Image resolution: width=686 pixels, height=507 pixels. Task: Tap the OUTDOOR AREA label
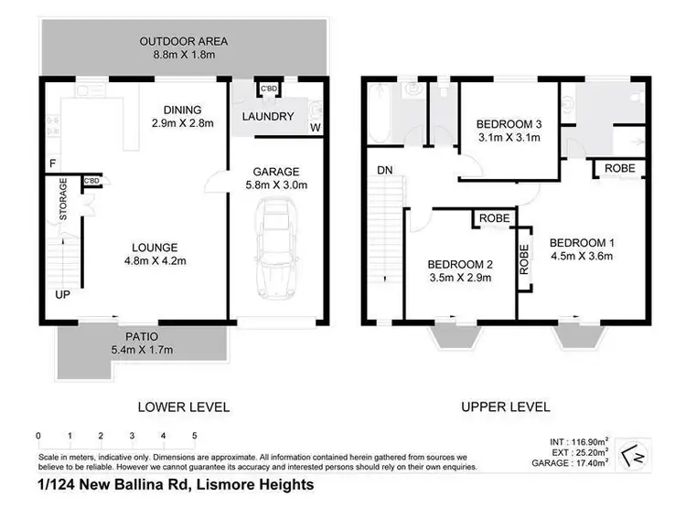(x=183, y=49)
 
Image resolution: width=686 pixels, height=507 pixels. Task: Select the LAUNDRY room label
(x=268, y=116)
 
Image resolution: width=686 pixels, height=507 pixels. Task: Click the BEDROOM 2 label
(x=461, y=271)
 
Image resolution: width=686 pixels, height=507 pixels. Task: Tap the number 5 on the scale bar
(x=194, y=436)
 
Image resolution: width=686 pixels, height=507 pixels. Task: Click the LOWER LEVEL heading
(x=183, y=407)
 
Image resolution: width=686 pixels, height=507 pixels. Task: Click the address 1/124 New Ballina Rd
(x=176, y=484)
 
